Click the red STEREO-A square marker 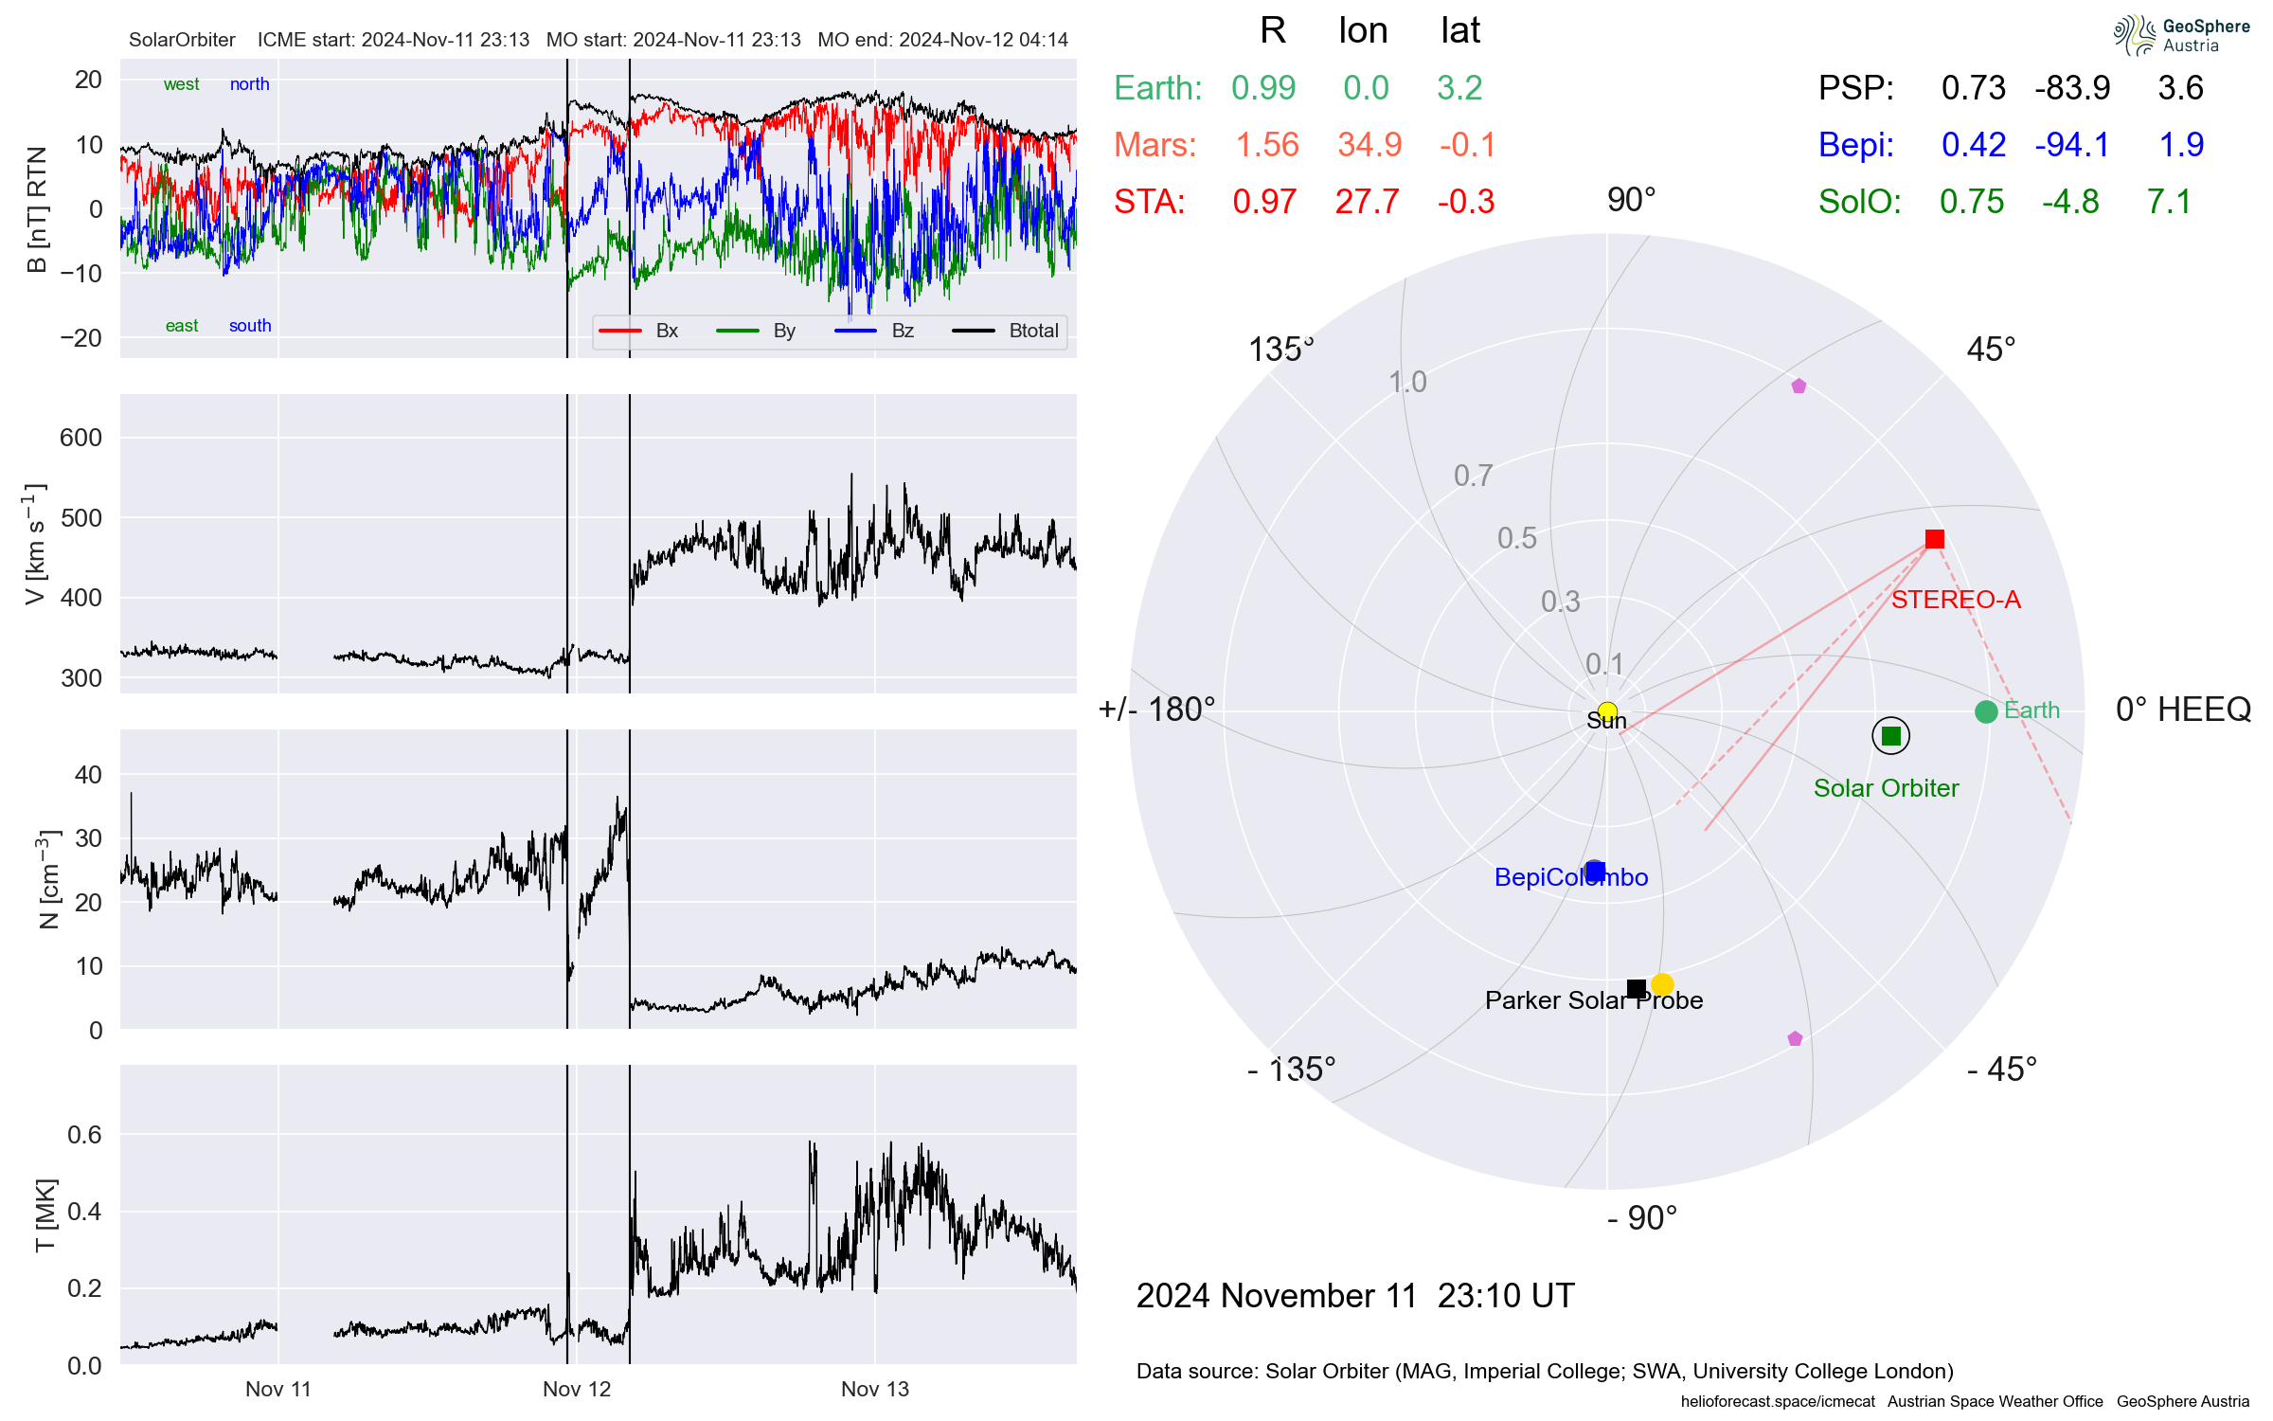pos(1934,539)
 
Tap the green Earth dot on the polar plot pos(1986,711)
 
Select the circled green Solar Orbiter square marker pos(1890,736)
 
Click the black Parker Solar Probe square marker pos(1636,989)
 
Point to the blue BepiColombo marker pos(1595,871)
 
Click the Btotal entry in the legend pos(1032,331)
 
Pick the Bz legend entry pos(902,331)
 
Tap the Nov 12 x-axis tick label pos(576,1389)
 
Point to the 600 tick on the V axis pos(81,438)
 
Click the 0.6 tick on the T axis pos(83,1135)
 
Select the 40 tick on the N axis pos(88,775)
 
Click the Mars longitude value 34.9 pos(1369,145)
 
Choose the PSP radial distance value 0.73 pos(1973,88)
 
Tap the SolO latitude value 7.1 pos(2168,202)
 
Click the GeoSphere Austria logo pos(2180,35)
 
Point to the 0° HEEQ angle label pos(2182,710)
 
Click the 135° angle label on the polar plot pos(1280,350)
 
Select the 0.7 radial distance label pos(1473,476)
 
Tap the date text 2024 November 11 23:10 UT pos(1354,1295)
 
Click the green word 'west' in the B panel pos(181,84)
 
